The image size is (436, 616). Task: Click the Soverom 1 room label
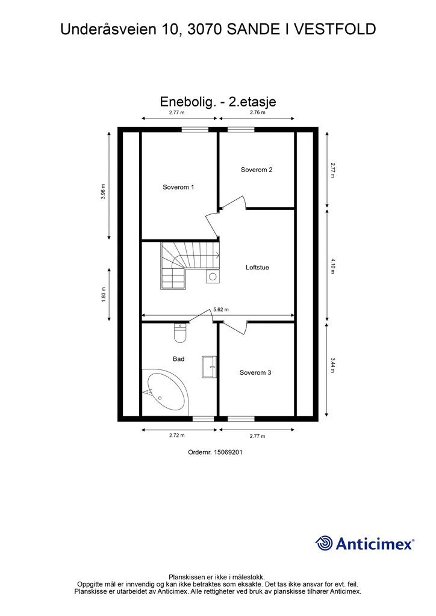(178, 187)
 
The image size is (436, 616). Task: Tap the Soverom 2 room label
(257, 170)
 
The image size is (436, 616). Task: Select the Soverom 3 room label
(255, 373)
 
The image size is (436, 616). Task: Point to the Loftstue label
(257, 267)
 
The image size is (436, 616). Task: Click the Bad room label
(178, 359)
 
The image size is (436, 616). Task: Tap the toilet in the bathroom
(180, 332)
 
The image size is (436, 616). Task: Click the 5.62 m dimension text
(221, 310)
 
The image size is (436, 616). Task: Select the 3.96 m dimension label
(104, 191)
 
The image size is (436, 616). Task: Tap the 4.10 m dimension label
(332, 265)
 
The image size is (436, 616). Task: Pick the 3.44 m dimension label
(332, 366)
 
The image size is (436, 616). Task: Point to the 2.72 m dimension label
(176, 436)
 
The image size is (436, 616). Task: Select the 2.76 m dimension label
(257, 112)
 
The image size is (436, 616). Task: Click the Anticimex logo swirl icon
(324, 543)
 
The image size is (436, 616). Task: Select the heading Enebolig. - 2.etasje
(217, 102)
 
